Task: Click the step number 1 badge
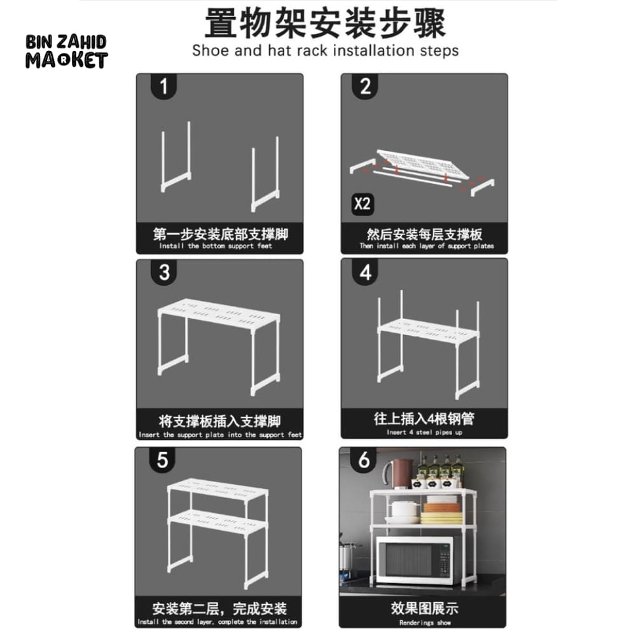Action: (x=163, y=86)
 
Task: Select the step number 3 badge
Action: (x=164, y=272)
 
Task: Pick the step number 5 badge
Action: (x=162, y=459)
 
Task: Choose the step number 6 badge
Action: (x=364, y=459)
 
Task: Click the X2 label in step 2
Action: (x=363, y=204)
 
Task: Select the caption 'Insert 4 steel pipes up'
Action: (x=424, y=432)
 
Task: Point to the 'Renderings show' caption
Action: (x=425, y=623)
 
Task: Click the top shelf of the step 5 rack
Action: (x=216, y=490)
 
